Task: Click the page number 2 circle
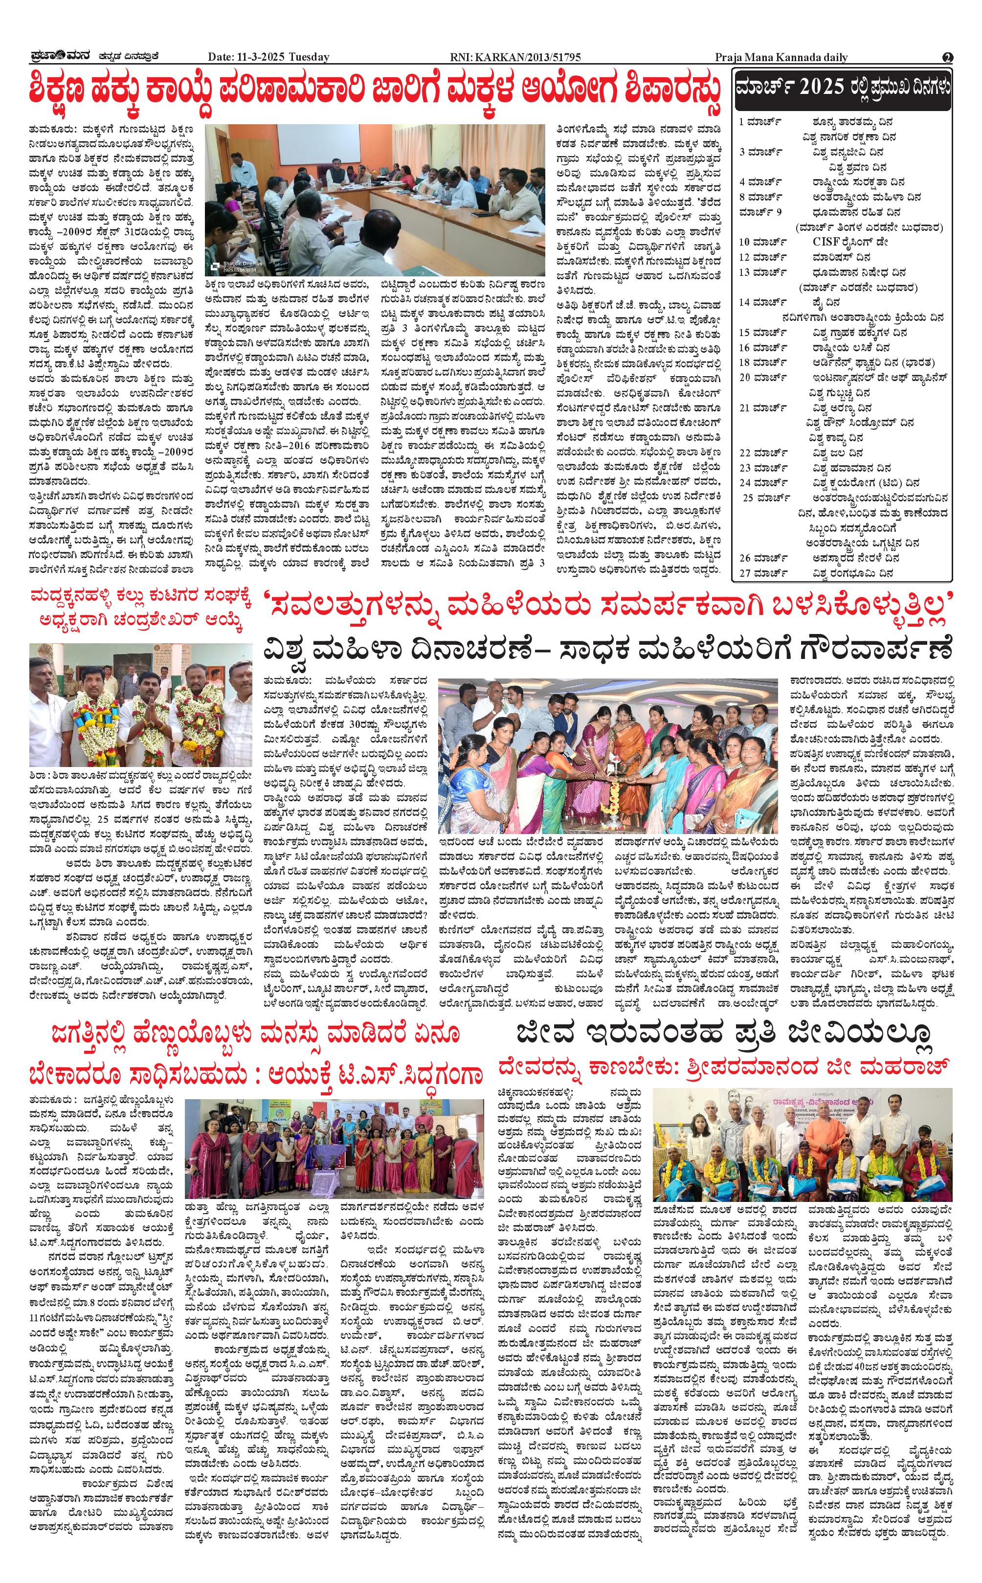pyautogui.click(x=948, y=57)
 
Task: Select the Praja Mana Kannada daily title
pyautogui.click(x=781, y=57)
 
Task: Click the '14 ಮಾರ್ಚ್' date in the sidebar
pyautogui.click(x=763, y=302)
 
